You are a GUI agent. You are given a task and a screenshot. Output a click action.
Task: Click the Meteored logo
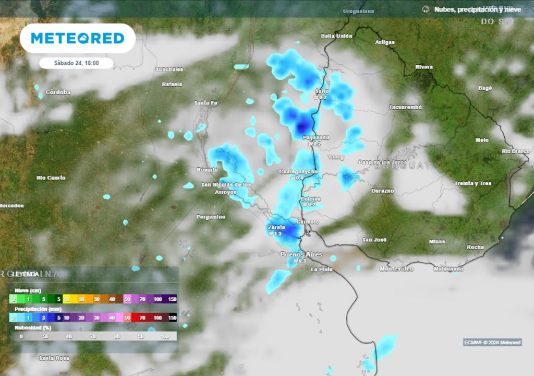(77, 38)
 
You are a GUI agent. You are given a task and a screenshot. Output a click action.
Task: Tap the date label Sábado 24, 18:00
(76, 63)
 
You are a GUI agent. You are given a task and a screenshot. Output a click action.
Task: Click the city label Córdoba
(58, 92)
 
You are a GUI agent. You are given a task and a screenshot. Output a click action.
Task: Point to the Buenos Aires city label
(301, 254)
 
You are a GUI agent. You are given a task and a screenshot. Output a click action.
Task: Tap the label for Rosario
(207, 170)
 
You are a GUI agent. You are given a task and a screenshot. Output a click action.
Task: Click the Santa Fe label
(205, 103)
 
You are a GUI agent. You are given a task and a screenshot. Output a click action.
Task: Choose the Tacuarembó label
(405, 107)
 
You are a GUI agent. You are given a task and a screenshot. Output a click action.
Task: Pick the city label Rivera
(424, 67)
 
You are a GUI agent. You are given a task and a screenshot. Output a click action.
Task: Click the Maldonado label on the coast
(448, 269)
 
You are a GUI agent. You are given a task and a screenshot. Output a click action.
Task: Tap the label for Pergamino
(211, 217)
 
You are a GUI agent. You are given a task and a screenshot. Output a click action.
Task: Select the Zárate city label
(276, 228)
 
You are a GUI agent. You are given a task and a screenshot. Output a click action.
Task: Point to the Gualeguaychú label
(299, 171)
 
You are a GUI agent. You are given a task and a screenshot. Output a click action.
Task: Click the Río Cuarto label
(51, 178)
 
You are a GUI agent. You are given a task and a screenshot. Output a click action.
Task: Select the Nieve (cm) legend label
(28, 290)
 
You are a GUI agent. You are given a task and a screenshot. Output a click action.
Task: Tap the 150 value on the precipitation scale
(172, 318)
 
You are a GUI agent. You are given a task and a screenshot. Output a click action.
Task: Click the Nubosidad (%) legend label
(33, 327)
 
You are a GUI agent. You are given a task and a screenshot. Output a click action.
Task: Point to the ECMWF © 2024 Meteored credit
(492, 343)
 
